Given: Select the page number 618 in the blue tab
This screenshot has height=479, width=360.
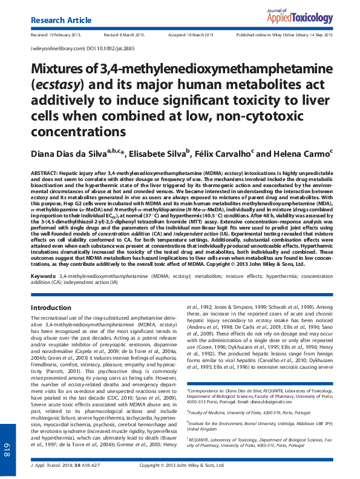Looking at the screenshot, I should [x=8, y=450].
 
